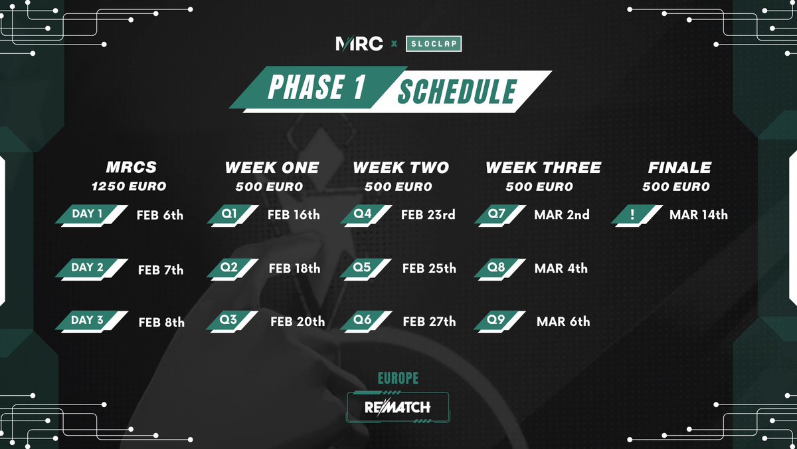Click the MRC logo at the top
tap(359, 44)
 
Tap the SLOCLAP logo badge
tap(434, 44)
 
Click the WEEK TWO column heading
tap(400, 168)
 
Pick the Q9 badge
tap(497, 321)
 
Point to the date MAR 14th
tap(699, 215)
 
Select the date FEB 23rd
tap(428, 215)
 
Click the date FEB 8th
tap(161, 323)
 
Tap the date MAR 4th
tap(561, 269)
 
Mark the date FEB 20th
tap(298, 322)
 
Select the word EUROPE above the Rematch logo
tap(398, 378)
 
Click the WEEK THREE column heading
tap(543, 168)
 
